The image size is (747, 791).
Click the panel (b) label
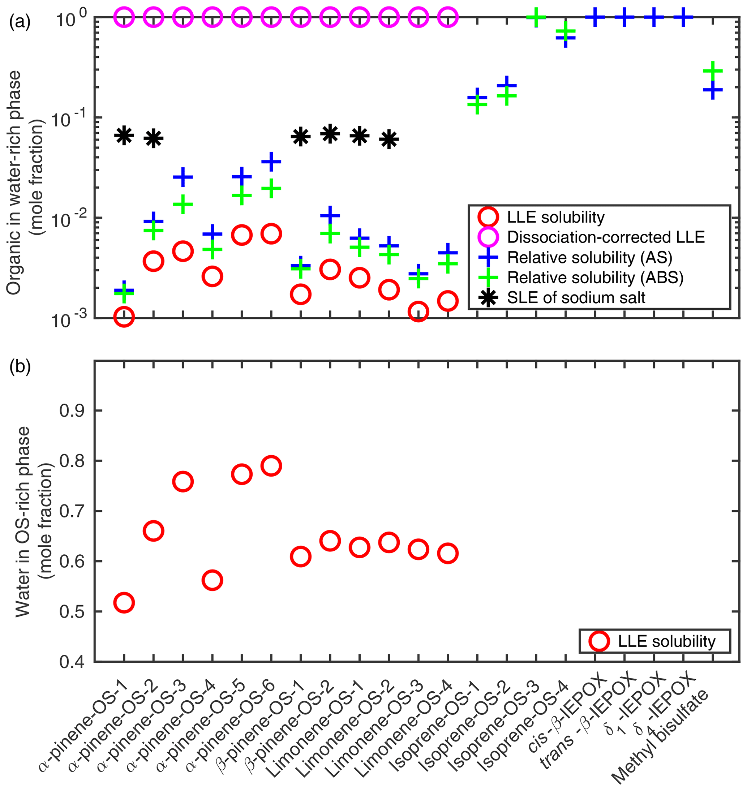point(20,367)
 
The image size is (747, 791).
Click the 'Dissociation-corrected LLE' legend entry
point(606,237)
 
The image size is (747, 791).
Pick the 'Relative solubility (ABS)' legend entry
point(595,278)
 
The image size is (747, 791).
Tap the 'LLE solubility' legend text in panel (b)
point(666,641)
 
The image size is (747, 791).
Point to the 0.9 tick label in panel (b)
point(72,411)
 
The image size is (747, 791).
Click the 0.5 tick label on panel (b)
point(72,612)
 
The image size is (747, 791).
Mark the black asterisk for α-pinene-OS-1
point(124,136)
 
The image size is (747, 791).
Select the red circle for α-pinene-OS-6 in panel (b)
point(271,466)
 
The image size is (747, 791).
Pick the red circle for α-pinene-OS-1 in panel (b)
point(124,603)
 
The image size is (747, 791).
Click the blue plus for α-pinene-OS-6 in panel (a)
point(271,162)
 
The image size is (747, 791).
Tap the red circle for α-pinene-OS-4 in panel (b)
point(212,580)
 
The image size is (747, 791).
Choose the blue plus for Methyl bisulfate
point(713,90)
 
